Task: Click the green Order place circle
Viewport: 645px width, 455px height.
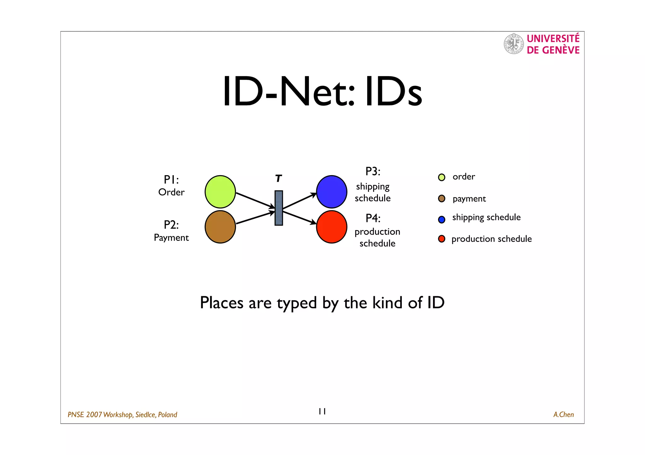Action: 220,192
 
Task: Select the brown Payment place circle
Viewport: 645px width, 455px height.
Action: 220,227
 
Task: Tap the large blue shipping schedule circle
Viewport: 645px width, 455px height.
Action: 332,192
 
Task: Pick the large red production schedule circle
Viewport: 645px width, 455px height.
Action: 332,227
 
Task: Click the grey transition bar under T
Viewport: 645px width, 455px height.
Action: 279,208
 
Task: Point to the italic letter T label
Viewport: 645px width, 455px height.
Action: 278,179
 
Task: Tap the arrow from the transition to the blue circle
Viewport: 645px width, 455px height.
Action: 299,201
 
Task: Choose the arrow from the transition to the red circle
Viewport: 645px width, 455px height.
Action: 299,217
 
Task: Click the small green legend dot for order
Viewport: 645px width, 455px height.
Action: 442,177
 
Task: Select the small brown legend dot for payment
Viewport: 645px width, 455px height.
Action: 442,198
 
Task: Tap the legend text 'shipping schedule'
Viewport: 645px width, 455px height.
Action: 486,217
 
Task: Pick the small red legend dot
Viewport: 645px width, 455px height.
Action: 442,239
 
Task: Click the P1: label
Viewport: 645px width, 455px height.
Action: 171,180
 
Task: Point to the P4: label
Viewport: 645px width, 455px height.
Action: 373,218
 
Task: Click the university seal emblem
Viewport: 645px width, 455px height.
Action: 513,44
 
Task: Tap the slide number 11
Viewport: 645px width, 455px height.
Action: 322,411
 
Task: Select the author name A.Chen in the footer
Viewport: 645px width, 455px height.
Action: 563,414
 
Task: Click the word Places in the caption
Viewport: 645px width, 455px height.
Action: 222,303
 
